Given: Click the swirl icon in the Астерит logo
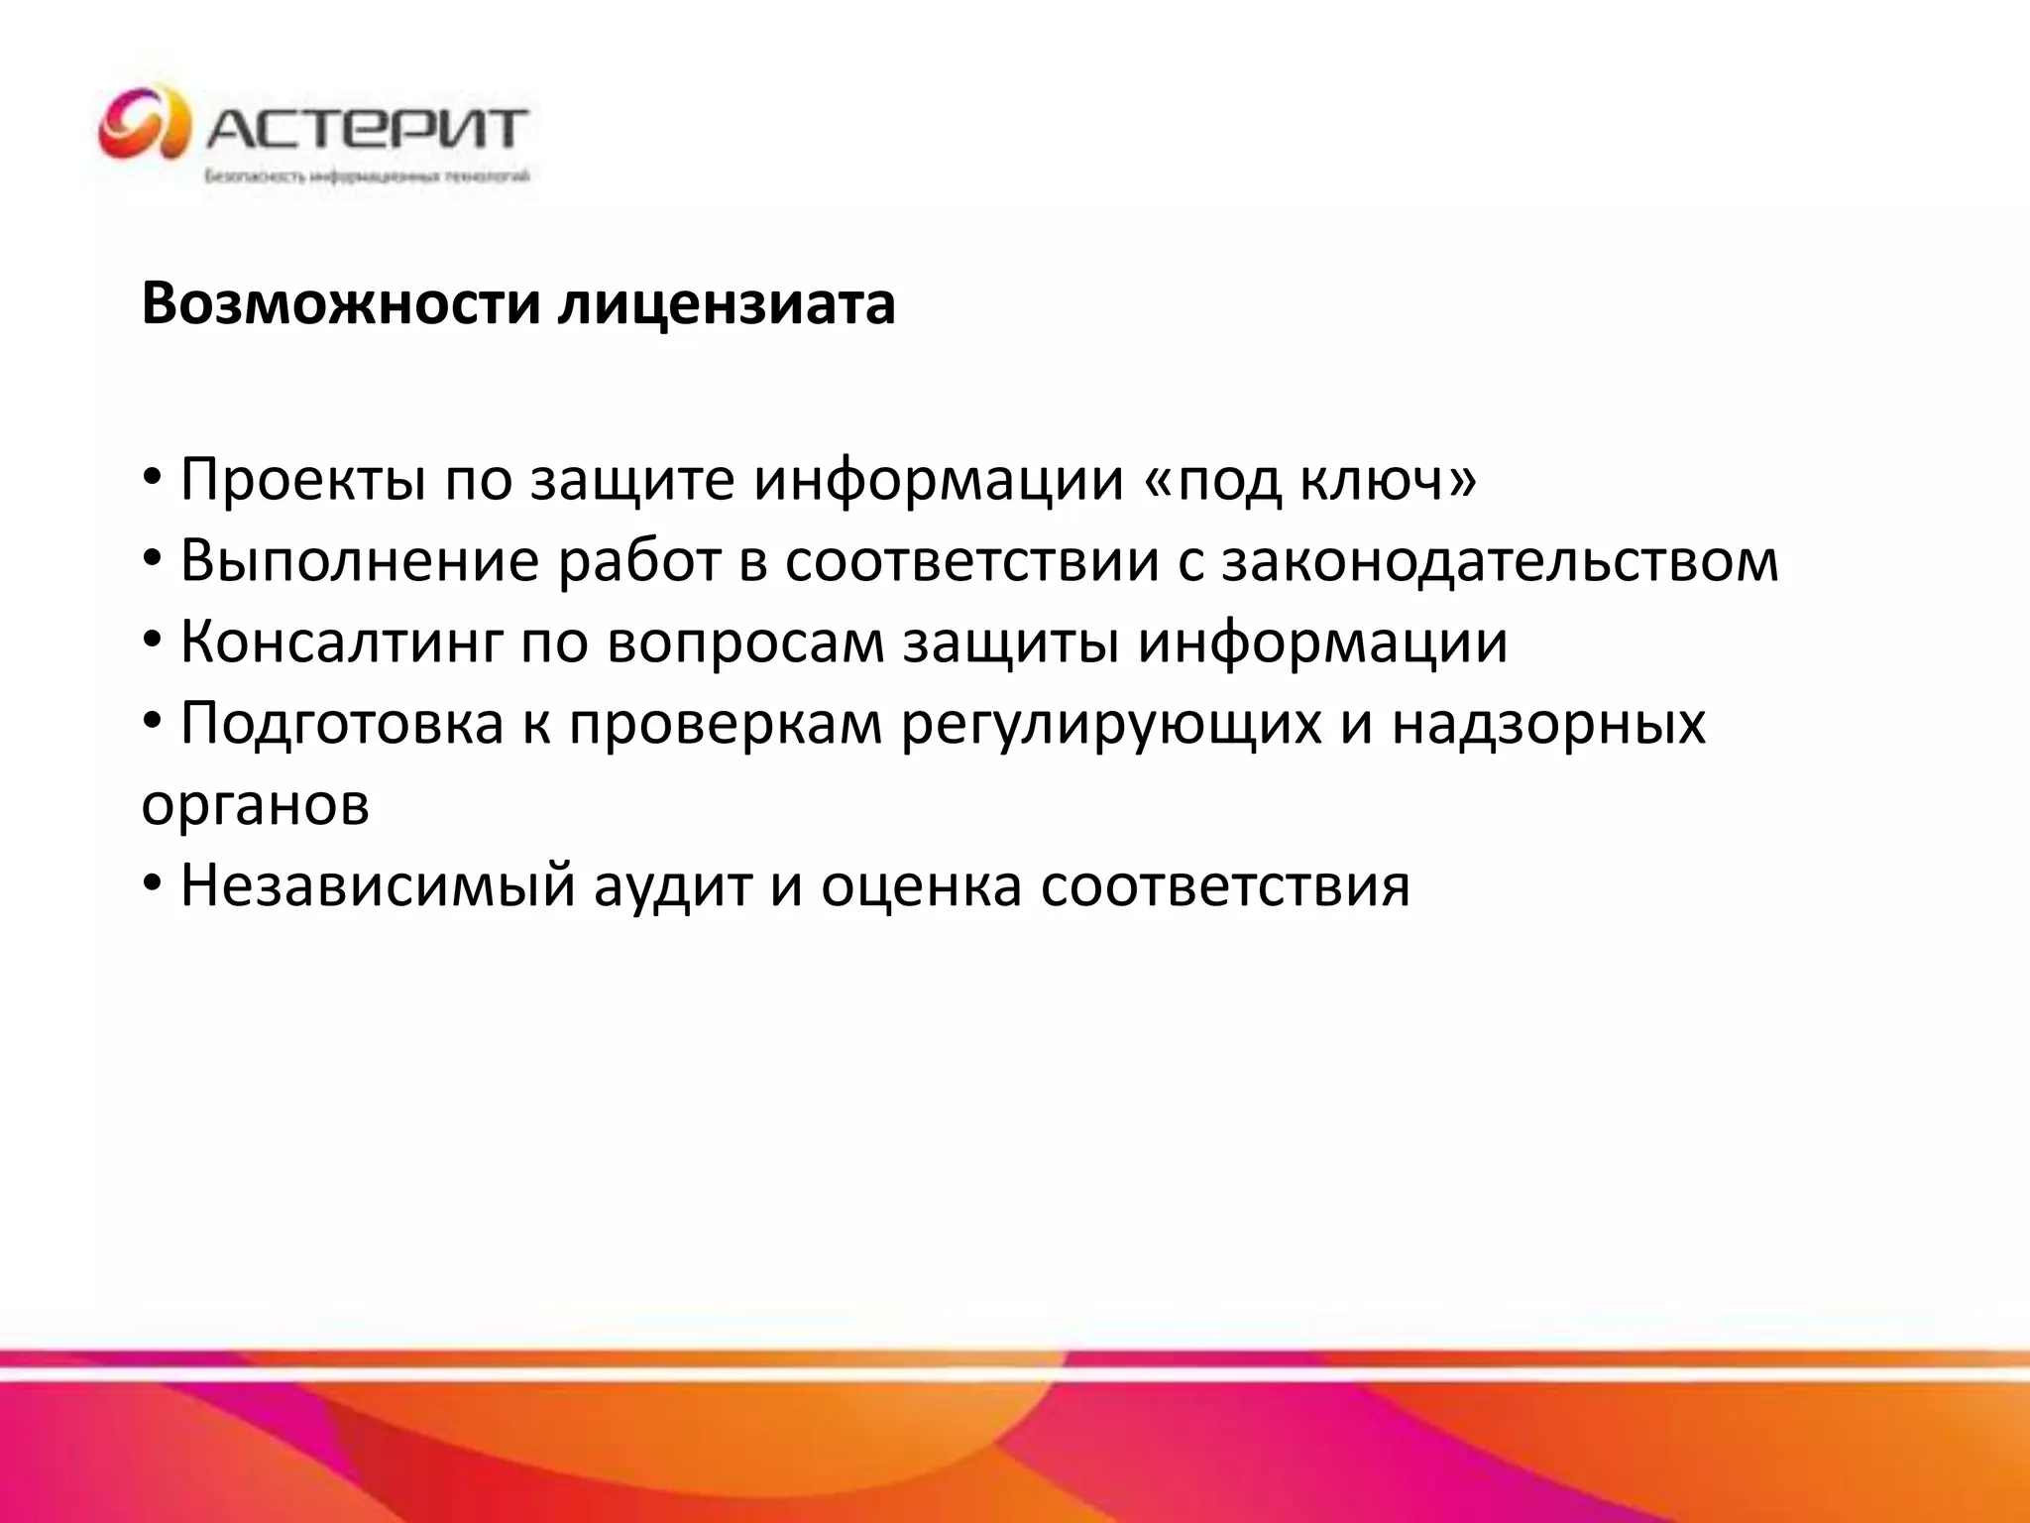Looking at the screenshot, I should tap(144, 124).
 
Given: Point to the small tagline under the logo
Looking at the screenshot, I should tap(367, 177).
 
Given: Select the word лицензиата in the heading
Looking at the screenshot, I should tap(726, 303).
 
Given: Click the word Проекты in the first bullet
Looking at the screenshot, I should tap(302, 480).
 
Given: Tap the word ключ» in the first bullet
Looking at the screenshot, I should tap(1388, 480).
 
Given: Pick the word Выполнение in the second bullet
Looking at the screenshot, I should tap(360, 561).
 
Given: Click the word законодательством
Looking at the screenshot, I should tap(1500, 561).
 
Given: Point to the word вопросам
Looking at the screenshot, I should tap(745, 643).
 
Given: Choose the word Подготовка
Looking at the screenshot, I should tap(343, 724).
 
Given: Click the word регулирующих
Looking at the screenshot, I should tap(1111, 724).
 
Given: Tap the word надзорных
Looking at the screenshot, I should tap(1548, 724).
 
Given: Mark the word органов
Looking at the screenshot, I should tap(256, 805).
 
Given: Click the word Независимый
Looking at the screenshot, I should tap(378, 885).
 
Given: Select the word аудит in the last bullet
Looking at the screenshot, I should tap(674, 885).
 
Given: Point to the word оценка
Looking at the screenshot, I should tap(921, 885).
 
